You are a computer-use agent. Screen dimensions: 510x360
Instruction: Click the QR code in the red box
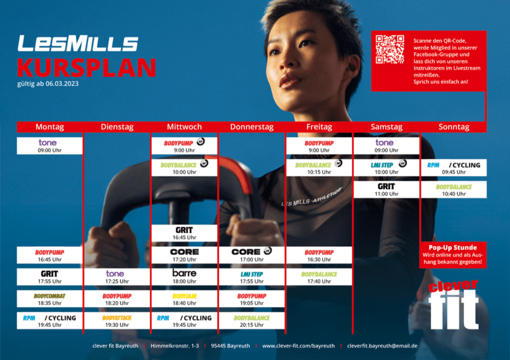(x=389, y=49)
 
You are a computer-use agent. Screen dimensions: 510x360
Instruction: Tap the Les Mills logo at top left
(x=78, y=43)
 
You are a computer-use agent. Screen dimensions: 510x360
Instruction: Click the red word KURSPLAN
(x=87, y=68)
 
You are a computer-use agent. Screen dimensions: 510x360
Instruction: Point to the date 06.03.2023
(x=62, y=84)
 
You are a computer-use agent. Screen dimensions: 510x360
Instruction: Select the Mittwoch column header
(x=184, y=127)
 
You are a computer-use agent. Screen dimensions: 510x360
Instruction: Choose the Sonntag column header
(x=454, y=127)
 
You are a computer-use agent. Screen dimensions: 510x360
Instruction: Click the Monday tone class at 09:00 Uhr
(x=49, y=146)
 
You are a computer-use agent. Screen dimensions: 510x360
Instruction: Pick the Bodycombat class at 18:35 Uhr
(x=49, y=299)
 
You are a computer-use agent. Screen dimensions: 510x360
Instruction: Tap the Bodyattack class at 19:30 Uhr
(x=117, y=321)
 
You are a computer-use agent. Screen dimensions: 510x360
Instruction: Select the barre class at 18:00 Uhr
(x=184, y=277)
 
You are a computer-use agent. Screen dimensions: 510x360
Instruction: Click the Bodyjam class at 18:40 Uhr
(x=184, y=299)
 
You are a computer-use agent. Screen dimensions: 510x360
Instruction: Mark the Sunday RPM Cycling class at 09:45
(x=454, y=168)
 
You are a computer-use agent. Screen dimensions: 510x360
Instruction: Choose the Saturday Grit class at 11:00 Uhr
(x=386, y=190)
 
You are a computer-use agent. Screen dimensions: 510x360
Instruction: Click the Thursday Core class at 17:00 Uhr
(x=252, y=255)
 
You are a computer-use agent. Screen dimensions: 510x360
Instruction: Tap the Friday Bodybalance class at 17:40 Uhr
(x=319, y=277)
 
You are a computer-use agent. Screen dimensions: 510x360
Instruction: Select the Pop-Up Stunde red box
(x=453, y=254)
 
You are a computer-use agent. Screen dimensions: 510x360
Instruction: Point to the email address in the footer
(x=382, y=346)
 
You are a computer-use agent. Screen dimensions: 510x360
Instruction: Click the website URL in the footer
(x=298, y=346)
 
